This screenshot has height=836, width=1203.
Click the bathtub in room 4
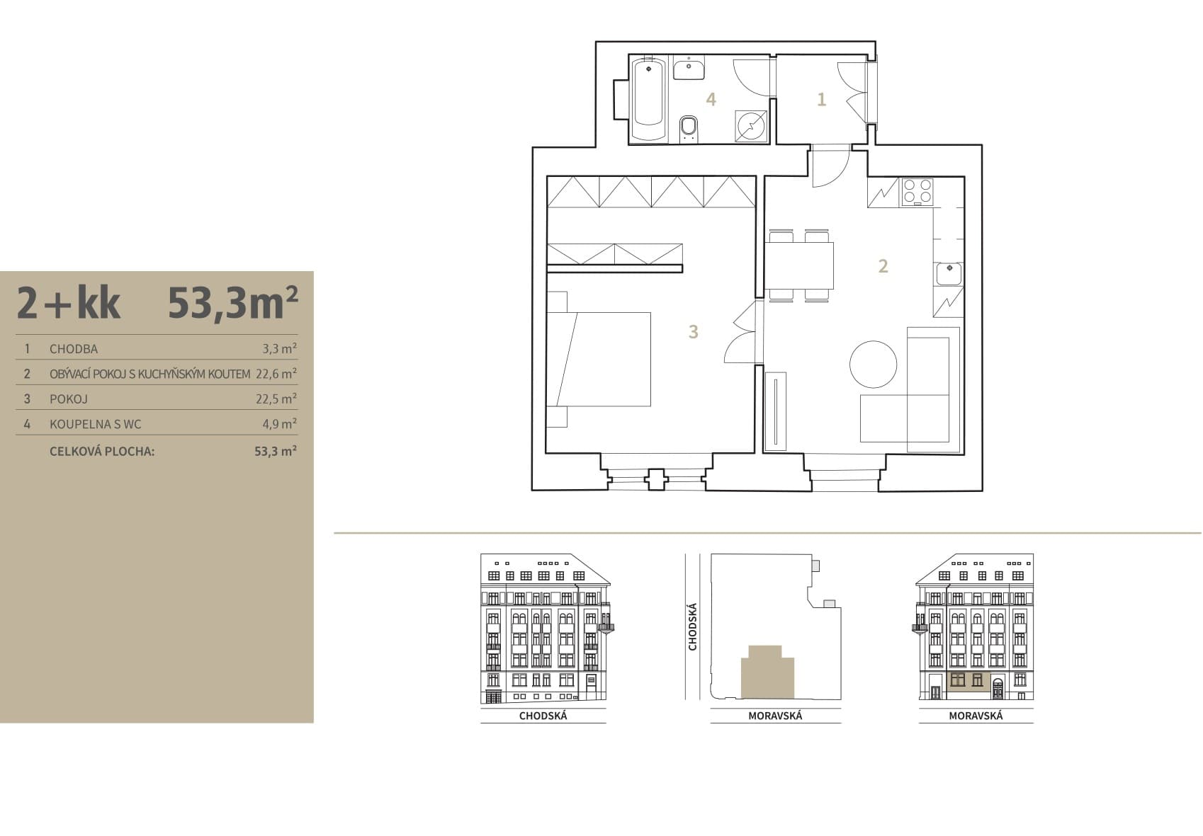pos(649,99)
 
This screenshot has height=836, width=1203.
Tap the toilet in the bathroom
pos(689,129)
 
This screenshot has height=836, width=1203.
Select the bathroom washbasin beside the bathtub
pos(689,70)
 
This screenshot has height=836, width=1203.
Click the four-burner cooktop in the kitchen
pos(917,192)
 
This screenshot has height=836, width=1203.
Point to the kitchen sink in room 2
pos(949,274)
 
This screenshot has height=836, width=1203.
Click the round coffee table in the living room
pos(874,365)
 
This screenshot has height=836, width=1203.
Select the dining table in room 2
pos(799,265)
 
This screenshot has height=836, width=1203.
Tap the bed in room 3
pos(599,359)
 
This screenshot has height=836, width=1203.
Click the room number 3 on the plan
pos(694,332)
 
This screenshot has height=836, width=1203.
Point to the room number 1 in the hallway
pos(821,99)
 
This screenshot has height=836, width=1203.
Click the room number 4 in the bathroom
pos(711,99)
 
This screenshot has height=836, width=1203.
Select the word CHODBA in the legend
pos(74,349)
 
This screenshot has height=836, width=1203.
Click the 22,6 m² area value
pos(276,374)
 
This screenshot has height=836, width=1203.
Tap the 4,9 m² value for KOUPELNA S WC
pos(279,424)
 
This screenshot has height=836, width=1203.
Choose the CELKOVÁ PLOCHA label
pos(102,452)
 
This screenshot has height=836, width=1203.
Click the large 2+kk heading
pos(69,303)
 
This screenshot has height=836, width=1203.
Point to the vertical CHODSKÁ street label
pos(692,626)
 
